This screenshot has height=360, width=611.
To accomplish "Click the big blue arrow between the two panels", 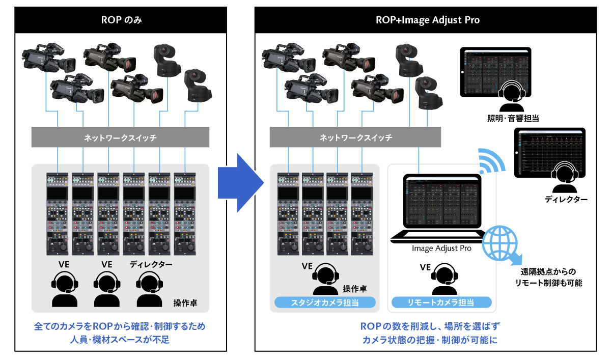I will tap(239, 182).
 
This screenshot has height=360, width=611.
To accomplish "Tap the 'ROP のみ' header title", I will tap(121, 20).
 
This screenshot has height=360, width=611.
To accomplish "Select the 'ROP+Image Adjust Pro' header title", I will tap(427, 20).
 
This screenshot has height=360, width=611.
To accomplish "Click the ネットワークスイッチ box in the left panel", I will tap(121, 137).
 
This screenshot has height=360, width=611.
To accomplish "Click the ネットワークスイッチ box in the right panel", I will tap(355, 137).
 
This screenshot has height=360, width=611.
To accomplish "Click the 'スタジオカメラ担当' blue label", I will tap(325, 302).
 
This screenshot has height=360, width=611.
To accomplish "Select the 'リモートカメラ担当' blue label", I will tap(441, 302).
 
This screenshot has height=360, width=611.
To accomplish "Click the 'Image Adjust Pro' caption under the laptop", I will tap(441, 248).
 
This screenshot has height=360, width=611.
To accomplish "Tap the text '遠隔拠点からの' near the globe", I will tap(549, 271).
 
